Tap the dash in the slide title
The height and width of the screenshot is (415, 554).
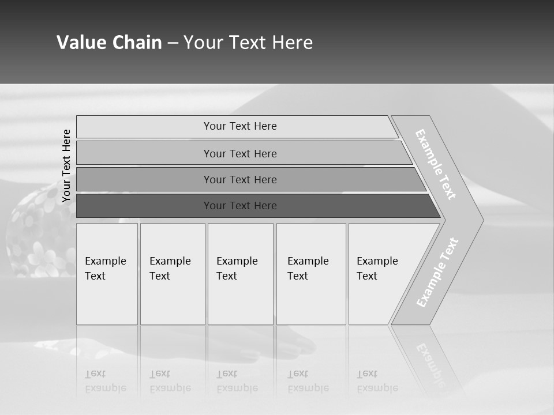(173, 43)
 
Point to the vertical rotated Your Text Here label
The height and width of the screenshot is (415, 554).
(66, 165)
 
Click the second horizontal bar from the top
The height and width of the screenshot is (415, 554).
(239, 153)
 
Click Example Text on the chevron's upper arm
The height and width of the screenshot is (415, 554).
(436, 164)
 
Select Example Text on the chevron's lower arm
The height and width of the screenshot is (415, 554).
(437, 272)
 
